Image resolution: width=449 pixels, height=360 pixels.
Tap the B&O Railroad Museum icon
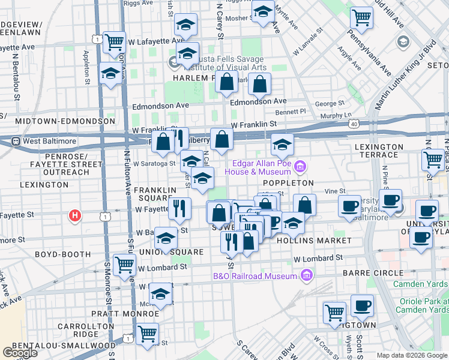307,276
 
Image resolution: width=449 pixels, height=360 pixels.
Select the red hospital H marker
75,215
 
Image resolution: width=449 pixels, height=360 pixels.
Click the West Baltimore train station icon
16,142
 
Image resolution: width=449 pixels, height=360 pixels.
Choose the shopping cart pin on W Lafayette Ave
114,43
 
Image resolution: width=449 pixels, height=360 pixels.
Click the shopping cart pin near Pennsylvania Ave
361,18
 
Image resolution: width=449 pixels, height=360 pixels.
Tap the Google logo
20,353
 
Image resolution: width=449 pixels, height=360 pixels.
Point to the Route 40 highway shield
354,124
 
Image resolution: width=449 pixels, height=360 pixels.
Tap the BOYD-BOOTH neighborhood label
63,254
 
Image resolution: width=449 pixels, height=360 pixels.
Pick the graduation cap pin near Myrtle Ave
262,12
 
